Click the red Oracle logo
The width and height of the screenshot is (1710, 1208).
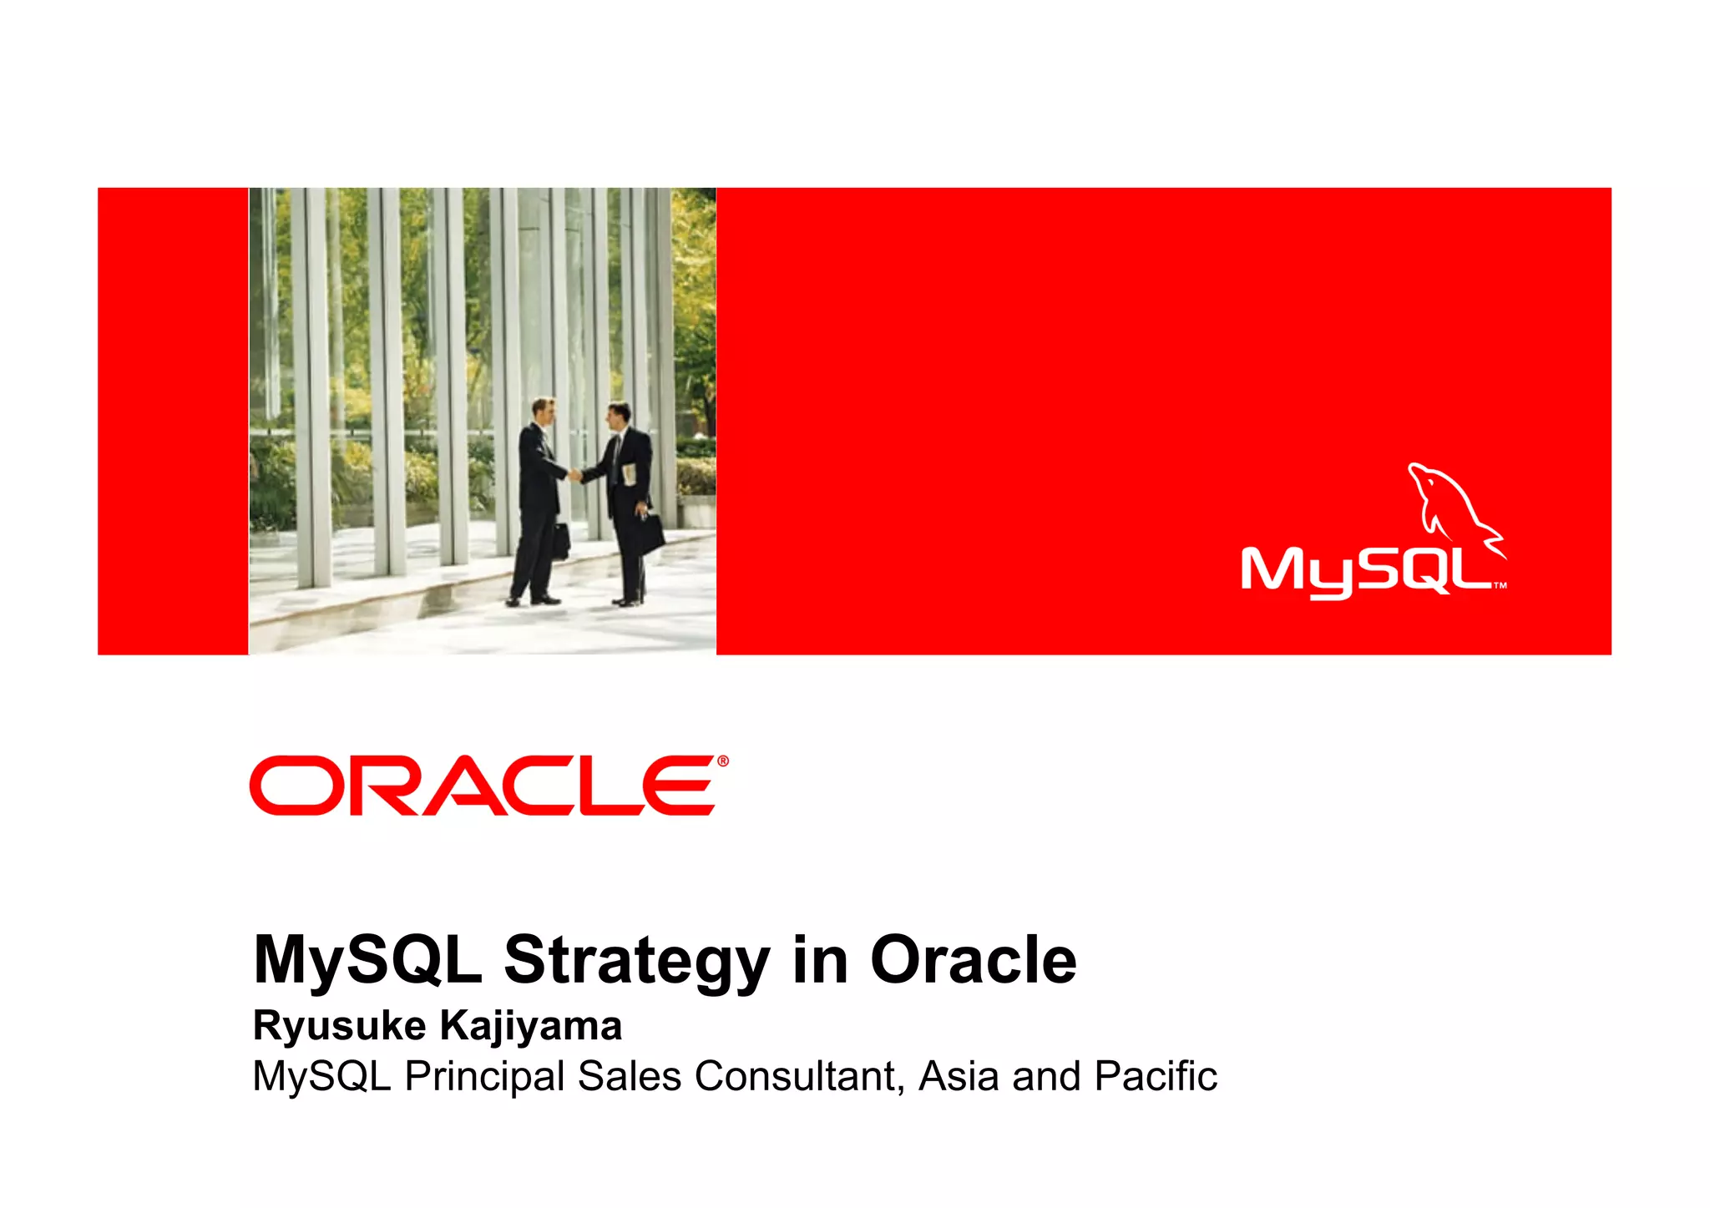[x=483, y=786]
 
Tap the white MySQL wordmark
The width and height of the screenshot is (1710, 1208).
[x=1367, y=572]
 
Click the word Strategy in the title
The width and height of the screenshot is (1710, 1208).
[x=636, y=961]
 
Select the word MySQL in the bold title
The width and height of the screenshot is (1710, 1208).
[x=367, y=961]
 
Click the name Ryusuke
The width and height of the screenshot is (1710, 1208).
[x=339, y=1026]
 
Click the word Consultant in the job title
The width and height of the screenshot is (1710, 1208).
[x=799, y=1076]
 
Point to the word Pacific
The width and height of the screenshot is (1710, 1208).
[x=1156, y=1076]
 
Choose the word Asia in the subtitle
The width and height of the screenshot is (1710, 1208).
[x=959, y=1076]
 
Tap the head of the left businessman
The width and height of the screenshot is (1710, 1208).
[x=544, y=411]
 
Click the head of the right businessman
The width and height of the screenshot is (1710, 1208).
[x=618, y=415]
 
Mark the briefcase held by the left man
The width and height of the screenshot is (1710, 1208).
[x=560, y=542]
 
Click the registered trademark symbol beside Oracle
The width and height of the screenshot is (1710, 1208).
[x=722, y=761]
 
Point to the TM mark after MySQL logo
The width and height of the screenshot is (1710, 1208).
[x=1500, y=585]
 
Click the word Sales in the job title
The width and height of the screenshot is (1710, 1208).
[x=629, y=1076]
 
